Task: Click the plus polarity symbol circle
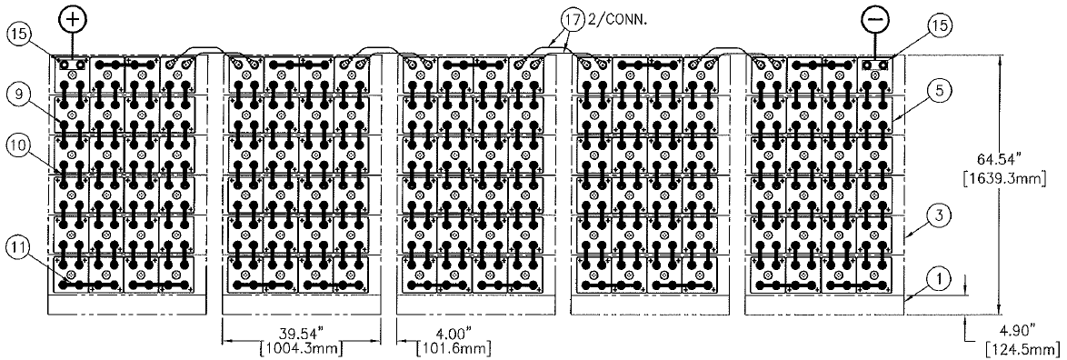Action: coord(75,19)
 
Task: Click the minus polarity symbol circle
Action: coord(873,19)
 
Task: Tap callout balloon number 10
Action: coord(17,145)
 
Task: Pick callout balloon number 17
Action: coord(573,21)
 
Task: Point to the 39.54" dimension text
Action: coord(301,335)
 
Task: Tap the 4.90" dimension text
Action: coord(1017,330)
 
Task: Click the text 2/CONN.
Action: coord(612,20)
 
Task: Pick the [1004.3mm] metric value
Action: coord(301,349)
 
